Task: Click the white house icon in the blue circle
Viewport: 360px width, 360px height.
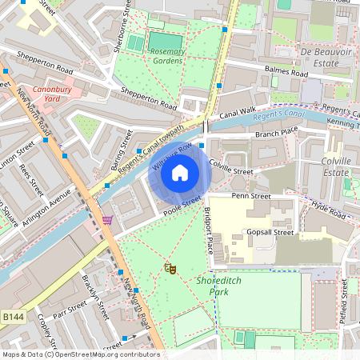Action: pos(180,172)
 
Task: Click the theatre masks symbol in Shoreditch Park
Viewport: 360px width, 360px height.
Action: pos(170,269)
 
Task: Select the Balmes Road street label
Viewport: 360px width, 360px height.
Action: pos(285,72)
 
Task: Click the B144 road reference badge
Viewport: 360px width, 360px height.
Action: pos(13,318)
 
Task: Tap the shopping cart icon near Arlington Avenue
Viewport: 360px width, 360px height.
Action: pos(107,219)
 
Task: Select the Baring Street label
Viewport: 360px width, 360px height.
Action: pos(126,139)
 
